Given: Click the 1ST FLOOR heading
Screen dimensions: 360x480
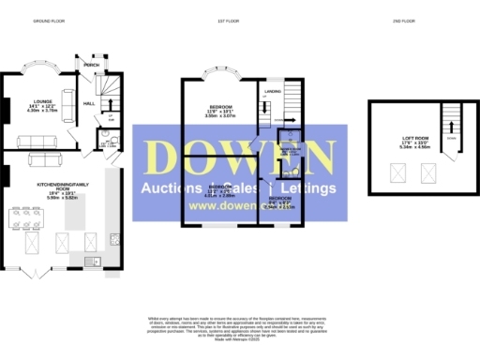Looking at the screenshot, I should pos(230,20).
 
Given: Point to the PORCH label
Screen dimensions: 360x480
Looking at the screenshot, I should pos(92,65).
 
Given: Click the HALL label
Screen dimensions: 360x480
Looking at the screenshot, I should pos(90,103).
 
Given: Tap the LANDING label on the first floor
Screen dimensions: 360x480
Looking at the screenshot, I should pos(273,91).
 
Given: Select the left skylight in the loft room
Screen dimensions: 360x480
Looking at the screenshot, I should pos(397,172).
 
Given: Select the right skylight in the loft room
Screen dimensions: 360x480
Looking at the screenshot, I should pos(430,172).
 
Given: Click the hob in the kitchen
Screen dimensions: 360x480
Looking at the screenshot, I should pos(114,238).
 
